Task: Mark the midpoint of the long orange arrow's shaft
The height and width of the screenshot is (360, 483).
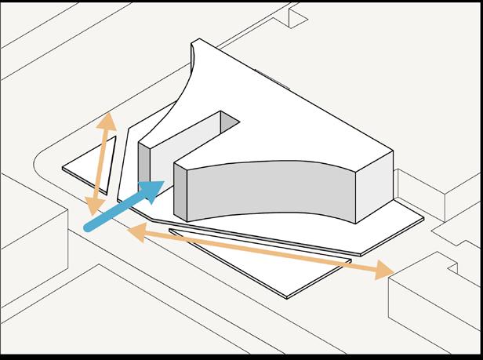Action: tap(259, 251)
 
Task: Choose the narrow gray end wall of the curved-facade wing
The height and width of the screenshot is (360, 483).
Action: tap(179, 192)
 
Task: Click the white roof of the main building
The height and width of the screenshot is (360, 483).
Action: tap(290, 118)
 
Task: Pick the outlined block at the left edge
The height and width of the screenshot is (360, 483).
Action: tap(31, 251)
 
